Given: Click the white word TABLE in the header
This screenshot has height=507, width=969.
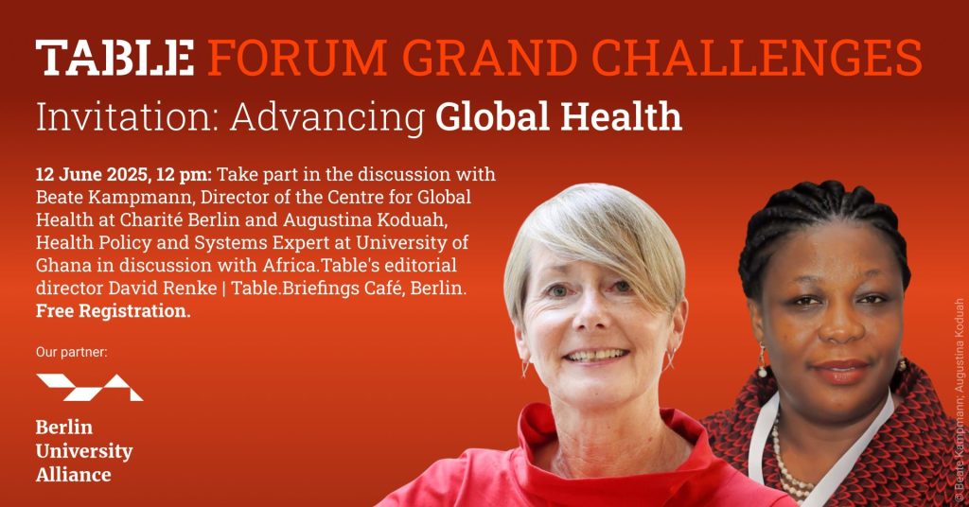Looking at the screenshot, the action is (115, 58).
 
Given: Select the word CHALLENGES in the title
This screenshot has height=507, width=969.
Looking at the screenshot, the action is (756, 58).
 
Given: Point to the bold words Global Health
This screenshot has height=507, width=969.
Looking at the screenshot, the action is (558, 115).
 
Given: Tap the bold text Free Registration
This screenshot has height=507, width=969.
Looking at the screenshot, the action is (114, 310).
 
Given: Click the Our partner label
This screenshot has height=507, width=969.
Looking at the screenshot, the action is (72, 352).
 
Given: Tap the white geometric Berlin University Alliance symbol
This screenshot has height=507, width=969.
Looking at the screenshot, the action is (90, 387).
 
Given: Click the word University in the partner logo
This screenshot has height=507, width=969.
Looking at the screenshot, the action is (84, 451).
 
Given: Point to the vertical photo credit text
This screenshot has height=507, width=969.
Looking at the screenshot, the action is (959, 401).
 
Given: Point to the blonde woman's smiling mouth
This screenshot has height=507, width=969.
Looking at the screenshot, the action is (596, 356).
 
